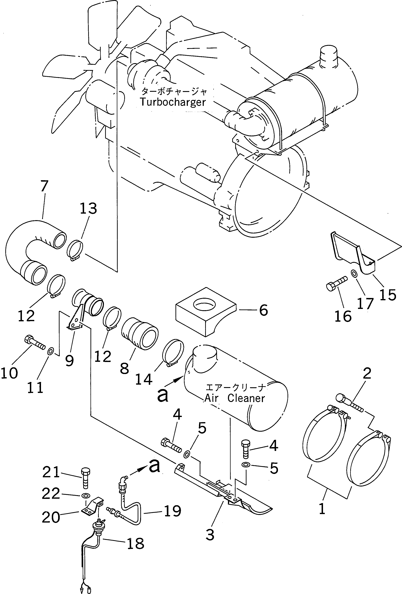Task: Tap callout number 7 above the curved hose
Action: pyautogui.click(x=44, y=186)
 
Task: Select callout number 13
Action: pyautogui.click(x=88, y=208)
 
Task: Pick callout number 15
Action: pyautogui.click(x=388, y=295)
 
